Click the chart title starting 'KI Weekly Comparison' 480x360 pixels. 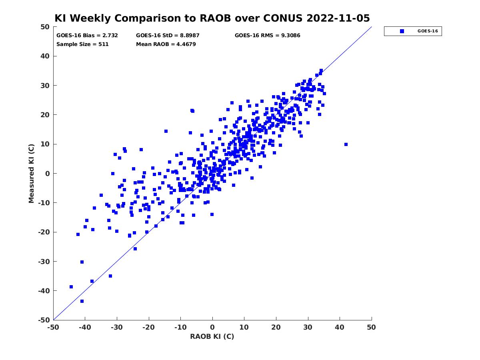tap(212, 18)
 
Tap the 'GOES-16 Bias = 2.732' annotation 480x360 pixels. tap(87, 36)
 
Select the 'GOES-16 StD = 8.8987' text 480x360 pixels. tap(168, 36)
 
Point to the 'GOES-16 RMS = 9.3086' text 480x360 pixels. tap(267, 36)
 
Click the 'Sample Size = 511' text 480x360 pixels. tap(82, 44)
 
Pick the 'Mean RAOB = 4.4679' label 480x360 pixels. tap(166, 44)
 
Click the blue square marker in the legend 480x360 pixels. tap(402, 31)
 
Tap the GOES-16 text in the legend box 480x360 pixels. tap(428, 31)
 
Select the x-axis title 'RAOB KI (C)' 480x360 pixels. tap(212, 336)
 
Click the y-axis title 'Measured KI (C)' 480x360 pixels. tap(31, 173)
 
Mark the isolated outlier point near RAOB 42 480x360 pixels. tap(346, 144)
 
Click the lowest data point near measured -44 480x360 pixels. tap(82, 301)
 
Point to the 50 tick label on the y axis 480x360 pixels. tap(45, 27)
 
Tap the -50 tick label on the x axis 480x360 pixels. tap(53, 327)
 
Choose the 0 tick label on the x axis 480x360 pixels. tap(212, 327)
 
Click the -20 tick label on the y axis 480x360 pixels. tap(44, 232)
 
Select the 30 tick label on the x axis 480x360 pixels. tap(308, 327)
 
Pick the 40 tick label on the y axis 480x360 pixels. tap(45, 56)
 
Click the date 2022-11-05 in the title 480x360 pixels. tap(338, 18)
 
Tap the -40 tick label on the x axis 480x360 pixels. tap(85, 327)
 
